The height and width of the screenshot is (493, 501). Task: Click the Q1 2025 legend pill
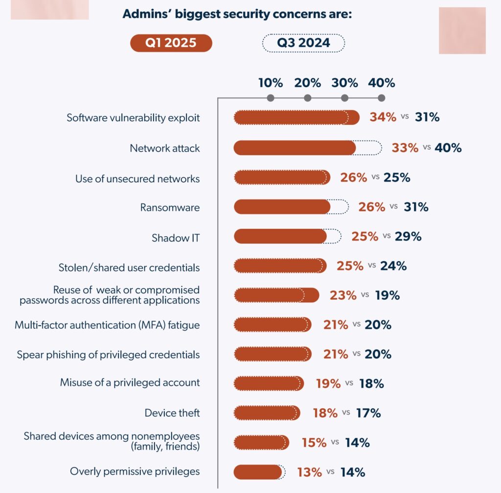click(171, 43)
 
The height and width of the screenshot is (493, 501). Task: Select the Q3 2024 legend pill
click(303, 43)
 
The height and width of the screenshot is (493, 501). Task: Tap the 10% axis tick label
click(271, 83)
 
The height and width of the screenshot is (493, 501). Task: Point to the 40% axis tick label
click(382, 83)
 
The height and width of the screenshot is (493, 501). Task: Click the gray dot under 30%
click(345, 98)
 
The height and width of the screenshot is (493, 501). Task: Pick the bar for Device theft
click(267, 413)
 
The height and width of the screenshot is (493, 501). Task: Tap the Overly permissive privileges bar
click(258, 472)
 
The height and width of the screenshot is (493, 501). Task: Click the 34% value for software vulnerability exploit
click(383, 117)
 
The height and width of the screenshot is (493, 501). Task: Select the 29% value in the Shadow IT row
click(408, 237)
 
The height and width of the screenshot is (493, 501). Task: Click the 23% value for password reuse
click(343, 295)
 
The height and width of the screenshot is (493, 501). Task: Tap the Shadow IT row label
click(176, 238)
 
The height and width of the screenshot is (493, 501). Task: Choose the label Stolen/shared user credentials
click(129, 268)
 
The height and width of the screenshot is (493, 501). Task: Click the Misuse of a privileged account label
click(130, 382)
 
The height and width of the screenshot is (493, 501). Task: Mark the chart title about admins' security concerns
click(237, 15)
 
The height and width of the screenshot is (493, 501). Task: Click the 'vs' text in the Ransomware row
click(394, 207)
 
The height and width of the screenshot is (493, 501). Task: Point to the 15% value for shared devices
click(314, 443)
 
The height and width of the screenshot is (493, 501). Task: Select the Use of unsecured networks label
click(137, 179)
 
